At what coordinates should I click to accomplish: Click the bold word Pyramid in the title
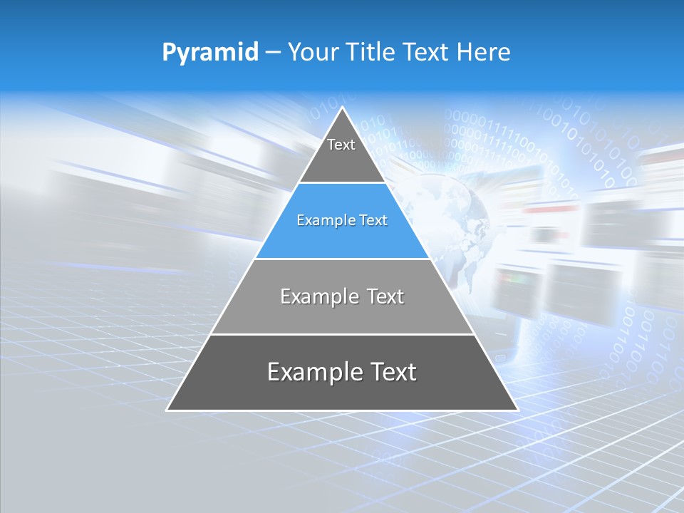click(x=210, y=53)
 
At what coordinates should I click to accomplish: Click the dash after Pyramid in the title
click(x=273, y=53)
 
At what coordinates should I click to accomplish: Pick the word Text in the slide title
click(x=426, y=52)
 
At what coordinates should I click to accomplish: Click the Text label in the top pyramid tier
click(x=341, y=145)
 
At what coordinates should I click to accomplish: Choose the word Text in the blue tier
click(x=373, y=221)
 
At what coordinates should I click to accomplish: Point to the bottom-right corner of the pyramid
click(x=517, y=410)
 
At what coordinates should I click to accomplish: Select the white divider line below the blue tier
click(x=342, y=259)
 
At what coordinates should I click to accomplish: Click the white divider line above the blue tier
click(x=342, y=183)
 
